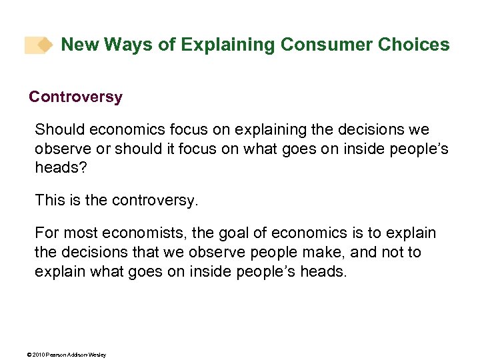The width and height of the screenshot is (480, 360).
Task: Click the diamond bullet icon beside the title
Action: (x=45, y=45)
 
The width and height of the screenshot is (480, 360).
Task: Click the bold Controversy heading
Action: (x=75, y=97)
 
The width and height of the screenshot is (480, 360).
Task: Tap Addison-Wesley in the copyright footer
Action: (x=87, y=354)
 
